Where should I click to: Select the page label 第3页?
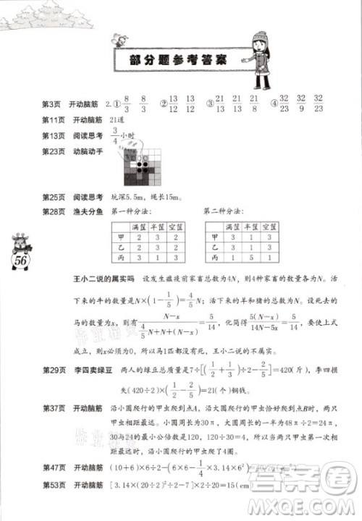point(53,105)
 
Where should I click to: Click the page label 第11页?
point(54,120)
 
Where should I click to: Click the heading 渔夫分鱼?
point(86,211)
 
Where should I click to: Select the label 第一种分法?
point(130,211)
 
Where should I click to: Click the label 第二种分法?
point(225,211)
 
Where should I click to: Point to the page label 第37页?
point(54,409)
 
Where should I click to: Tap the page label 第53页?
point(54,504)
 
